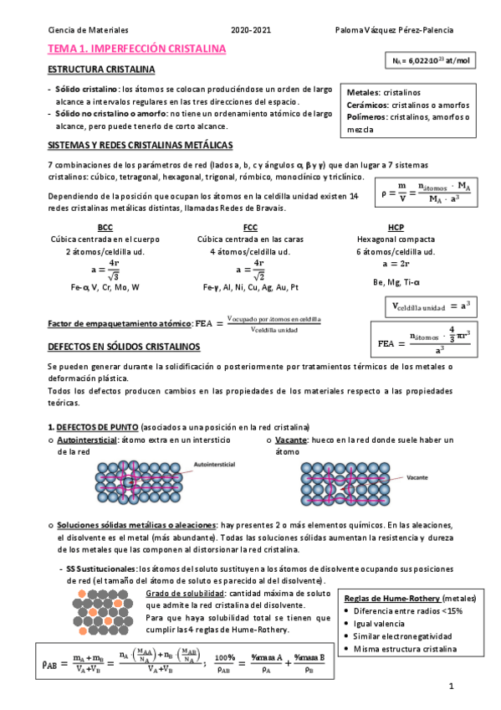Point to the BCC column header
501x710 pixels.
(x=105, y=227)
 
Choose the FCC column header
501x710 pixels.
(x=250, y=227)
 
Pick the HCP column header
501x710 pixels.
(x=396, y=227)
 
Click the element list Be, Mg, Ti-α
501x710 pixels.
(x=396, y=282)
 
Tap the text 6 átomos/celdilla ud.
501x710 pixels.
(x=396, y=251)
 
